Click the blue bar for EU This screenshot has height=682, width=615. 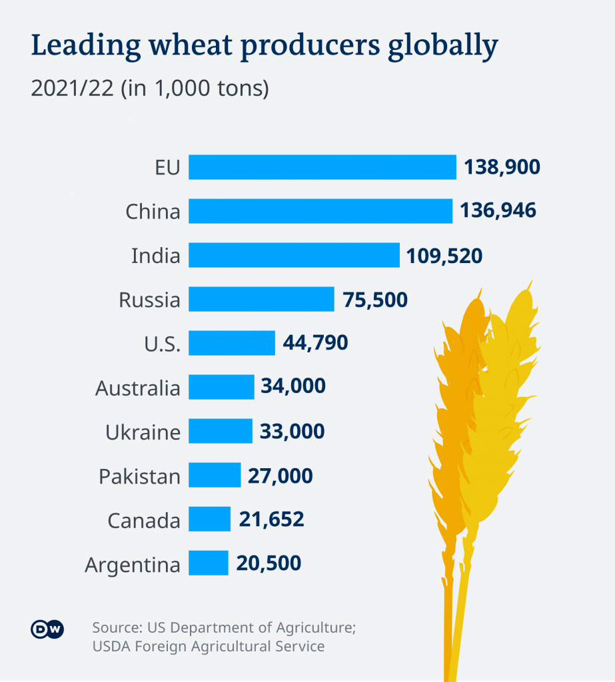coord(322,167)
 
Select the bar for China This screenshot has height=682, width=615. coord(320,211)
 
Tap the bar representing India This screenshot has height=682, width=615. coord(294,255)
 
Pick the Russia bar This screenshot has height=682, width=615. coord(261,299)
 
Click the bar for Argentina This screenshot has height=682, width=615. coord(209,563)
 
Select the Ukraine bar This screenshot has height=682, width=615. coord(221,431)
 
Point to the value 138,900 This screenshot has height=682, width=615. coord(502,167)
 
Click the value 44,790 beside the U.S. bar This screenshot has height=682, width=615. coord(315,343)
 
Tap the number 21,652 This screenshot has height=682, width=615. coord(271,519)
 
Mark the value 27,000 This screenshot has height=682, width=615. coord(280,476)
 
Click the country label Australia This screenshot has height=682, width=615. coord(138,388)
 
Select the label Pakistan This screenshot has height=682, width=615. coord(140,476)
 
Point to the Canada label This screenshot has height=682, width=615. coord(144,520)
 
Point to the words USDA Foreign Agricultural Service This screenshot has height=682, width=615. coord(209,645)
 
